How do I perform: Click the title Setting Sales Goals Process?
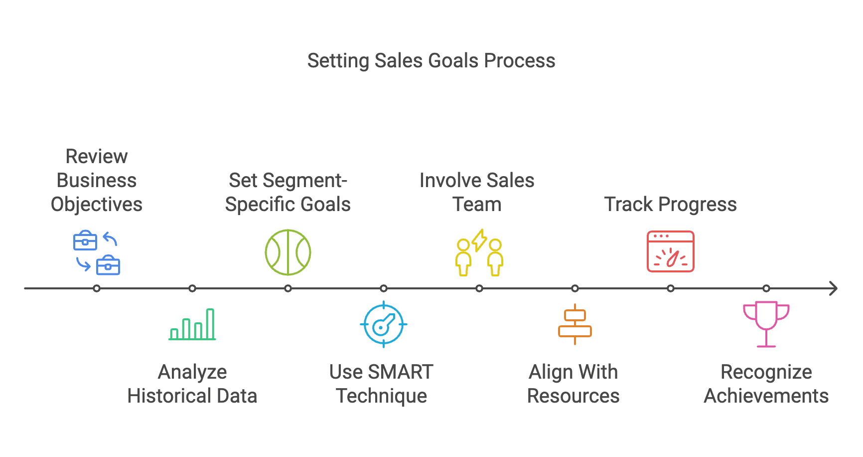click(431, 61)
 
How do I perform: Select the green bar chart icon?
click(192, 325)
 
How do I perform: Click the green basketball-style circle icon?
click(288, 252)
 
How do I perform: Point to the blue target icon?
click(384, 324)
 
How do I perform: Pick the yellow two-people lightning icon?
click(479, 252)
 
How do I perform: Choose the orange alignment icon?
click(575, 324)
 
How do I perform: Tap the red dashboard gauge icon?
click(671, 251)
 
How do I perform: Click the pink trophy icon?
click(766, 324)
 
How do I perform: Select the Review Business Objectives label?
click(97, 181)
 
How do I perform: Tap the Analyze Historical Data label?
click(192, 384)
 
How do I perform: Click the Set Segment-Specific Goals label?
click(288, 193)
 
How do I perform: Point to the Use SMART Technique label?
click(382, 384)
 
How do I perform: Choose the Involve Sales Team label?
click(477, 193)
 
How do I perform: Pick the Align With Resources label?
click(574, 384)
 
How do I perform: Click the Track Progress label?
click(671, 205)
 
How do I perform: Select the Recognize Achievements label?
click(766, 384)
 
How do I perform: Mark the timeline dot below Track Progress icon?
click(671, 288)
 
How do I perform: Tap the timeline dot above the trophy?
click(766, 288)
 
